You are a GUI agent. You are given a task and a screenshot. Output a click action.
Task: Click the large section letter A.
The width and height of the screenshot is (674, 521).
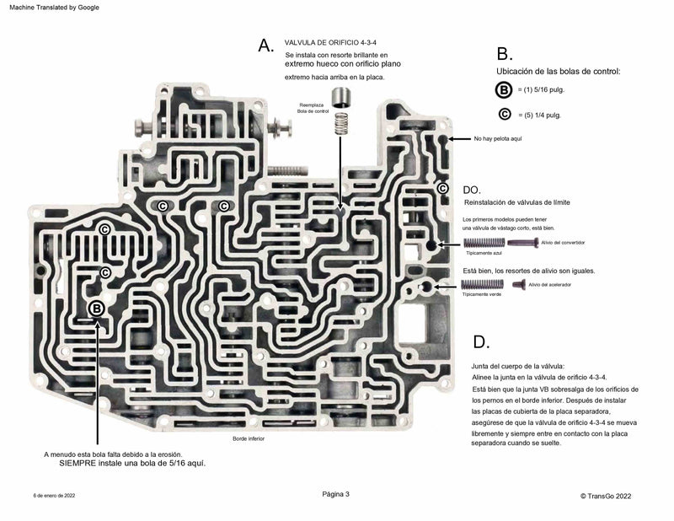point(266,46)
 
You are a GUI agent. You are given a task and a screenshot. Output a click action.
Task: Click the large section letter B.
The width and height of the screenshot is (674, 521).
point(504,56)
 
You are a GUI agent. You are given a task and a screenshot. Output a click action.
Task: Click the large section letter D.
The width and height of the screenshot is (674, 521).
point(480,342)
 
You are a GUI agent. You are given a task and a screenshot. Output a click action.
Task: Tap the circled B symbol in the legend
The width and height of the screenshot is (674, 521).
point(504,90)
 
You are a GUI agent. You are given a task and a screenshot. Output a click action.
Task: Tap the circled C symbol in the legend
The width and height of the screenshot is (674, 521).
point(504,115)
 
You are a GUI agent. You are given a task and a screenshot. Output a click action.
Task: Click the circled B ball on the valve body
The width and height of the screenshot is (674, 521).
point(97,309)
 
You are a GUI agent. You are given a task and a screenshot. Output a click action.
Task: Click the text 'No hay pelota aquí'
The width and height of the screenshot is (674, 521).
point(499,138)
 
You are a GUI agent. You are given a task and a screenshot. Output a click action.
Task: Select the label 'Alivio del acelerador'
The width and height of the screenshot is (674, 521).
point(550,285)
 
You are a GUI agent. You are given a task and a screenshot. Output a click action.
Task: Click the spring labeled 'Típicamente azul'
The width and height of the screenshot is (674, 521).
point(484,243)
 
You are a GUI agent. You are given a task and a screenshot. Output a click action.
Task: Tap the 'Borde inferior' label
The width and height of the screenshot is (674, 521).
point(249,439)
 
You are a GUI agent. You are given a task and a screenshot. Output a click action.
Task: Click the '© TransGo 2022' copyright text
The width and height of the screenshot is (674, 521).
point(605,497)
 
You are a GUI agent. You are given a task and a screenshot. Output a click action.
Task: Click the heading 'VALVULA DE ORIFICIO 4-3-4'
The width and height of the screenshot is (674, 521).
point(332,41)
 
